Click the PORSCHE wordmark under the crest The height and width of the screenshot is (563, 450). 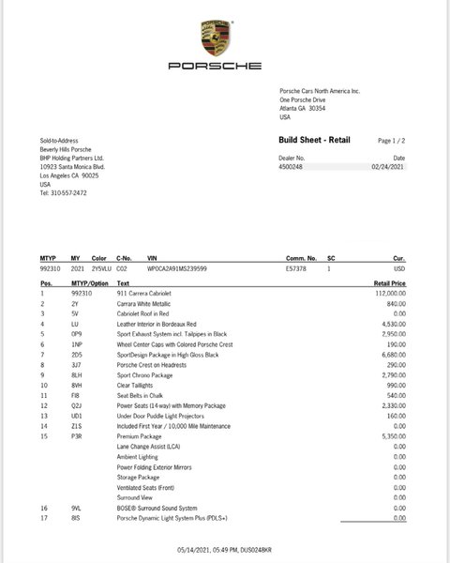215,67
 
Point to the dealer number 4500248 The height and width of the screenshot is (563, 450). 292,167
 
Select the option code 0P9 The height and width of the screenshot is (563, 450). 77,332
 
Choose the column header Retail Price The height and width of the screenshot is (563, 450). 389,281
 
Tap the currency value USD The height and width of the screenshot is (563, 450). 397,268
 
